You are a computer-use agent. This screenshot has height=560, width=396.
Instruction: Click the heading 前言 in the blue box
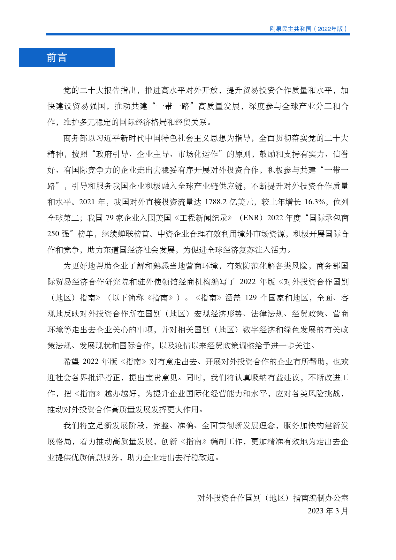point(57,58)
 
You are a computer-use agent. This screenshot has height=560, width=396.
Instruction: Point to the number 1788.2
point(216,202)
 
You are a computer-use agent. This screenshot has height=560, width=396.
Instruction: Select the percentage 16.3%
point(315,202)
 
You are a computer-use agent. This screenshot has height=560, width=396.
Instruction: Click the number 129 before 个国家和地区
point(251,298)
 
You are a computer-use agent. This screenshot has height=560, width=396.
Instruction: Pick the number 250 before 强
point(53,234)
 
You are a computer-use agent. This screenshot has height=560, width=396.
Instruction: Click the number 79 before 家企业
point(110,218)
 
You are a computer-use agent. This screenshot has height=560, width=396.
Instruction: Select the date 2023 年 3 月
point(328,511)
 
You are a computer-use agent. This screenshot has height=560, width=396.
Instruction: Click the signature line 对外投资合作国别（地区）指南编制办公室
point(273,498)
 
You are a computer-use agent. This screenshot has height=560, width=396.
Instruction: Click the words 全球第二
point(63,218)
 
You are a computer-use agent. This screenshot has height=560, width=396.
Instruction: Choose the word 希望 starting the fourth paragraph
point(71,362)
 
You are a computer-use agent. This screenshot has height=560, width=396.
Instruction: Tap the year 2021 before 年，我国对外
point(87,202)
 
